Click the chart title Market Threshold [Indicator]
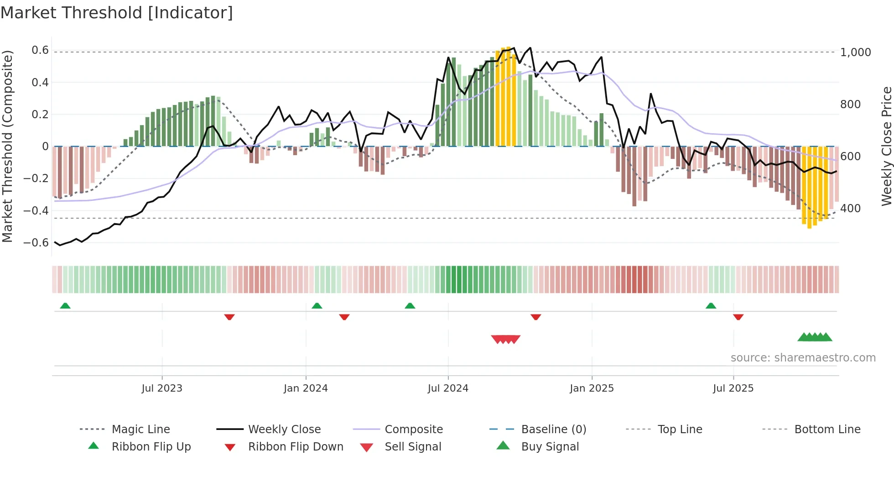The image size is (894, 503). tap(117, 13)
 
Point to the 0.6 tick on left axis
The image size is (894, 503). tap(40, 50)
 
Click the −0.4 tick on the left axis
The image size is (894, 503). tap(36, 210)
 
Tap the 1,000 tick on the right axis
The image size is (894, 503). tap(855, 52)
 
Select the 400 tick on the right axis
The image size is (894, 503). tap(850, 209)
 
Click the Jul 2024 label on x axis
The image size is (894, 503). tap(448, 388)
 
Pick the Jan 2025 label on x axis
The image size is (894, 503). tap(592, 388)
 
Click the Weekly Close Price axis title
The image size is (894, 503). tap(886, 146)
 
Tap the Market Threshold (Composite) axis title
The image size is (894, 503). tap(7, 146)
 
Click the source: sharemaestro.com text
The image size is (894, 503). tap(803, 358)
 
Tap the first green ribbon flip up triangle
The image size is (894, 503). tap(65, 306)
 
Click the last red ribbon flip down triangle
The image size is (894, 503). tap(738, 317)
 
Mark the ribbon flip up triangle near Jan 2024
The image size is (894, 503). tap(317, 306)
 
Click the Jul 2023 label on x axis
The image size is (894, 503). tap(162, 388)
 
